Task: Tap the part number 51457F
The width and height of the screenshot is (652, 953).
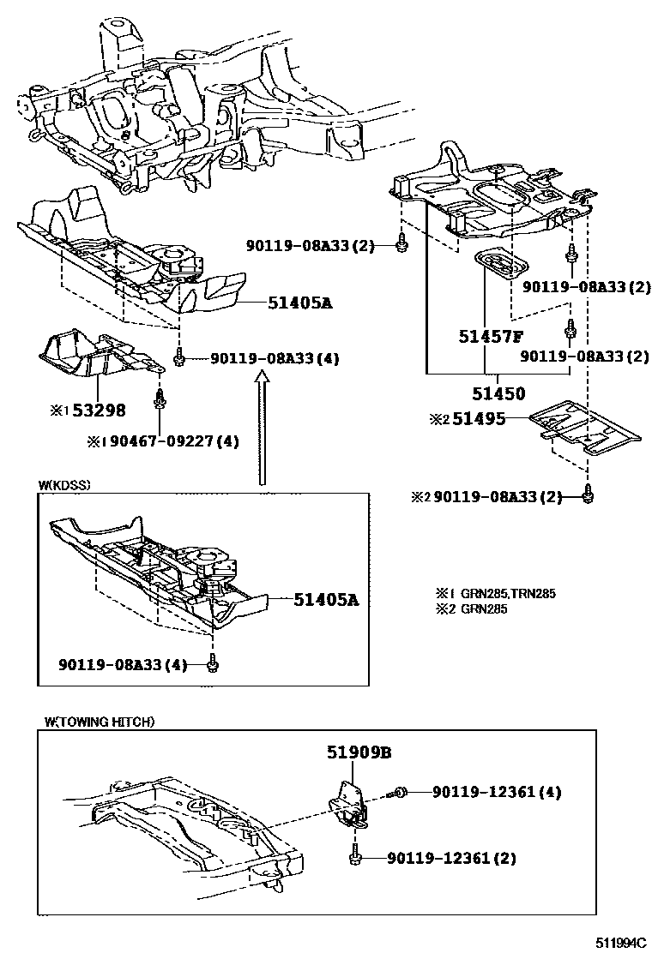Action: (490, 338)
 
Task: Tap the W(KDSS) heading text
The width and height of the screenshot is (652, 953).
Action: (64, 485)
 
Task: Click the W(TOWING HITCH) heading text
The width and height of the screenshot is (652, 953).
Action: (99, 722)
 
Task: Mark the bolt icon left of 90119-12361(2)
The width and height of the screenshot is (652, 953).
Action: (356, 854)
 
